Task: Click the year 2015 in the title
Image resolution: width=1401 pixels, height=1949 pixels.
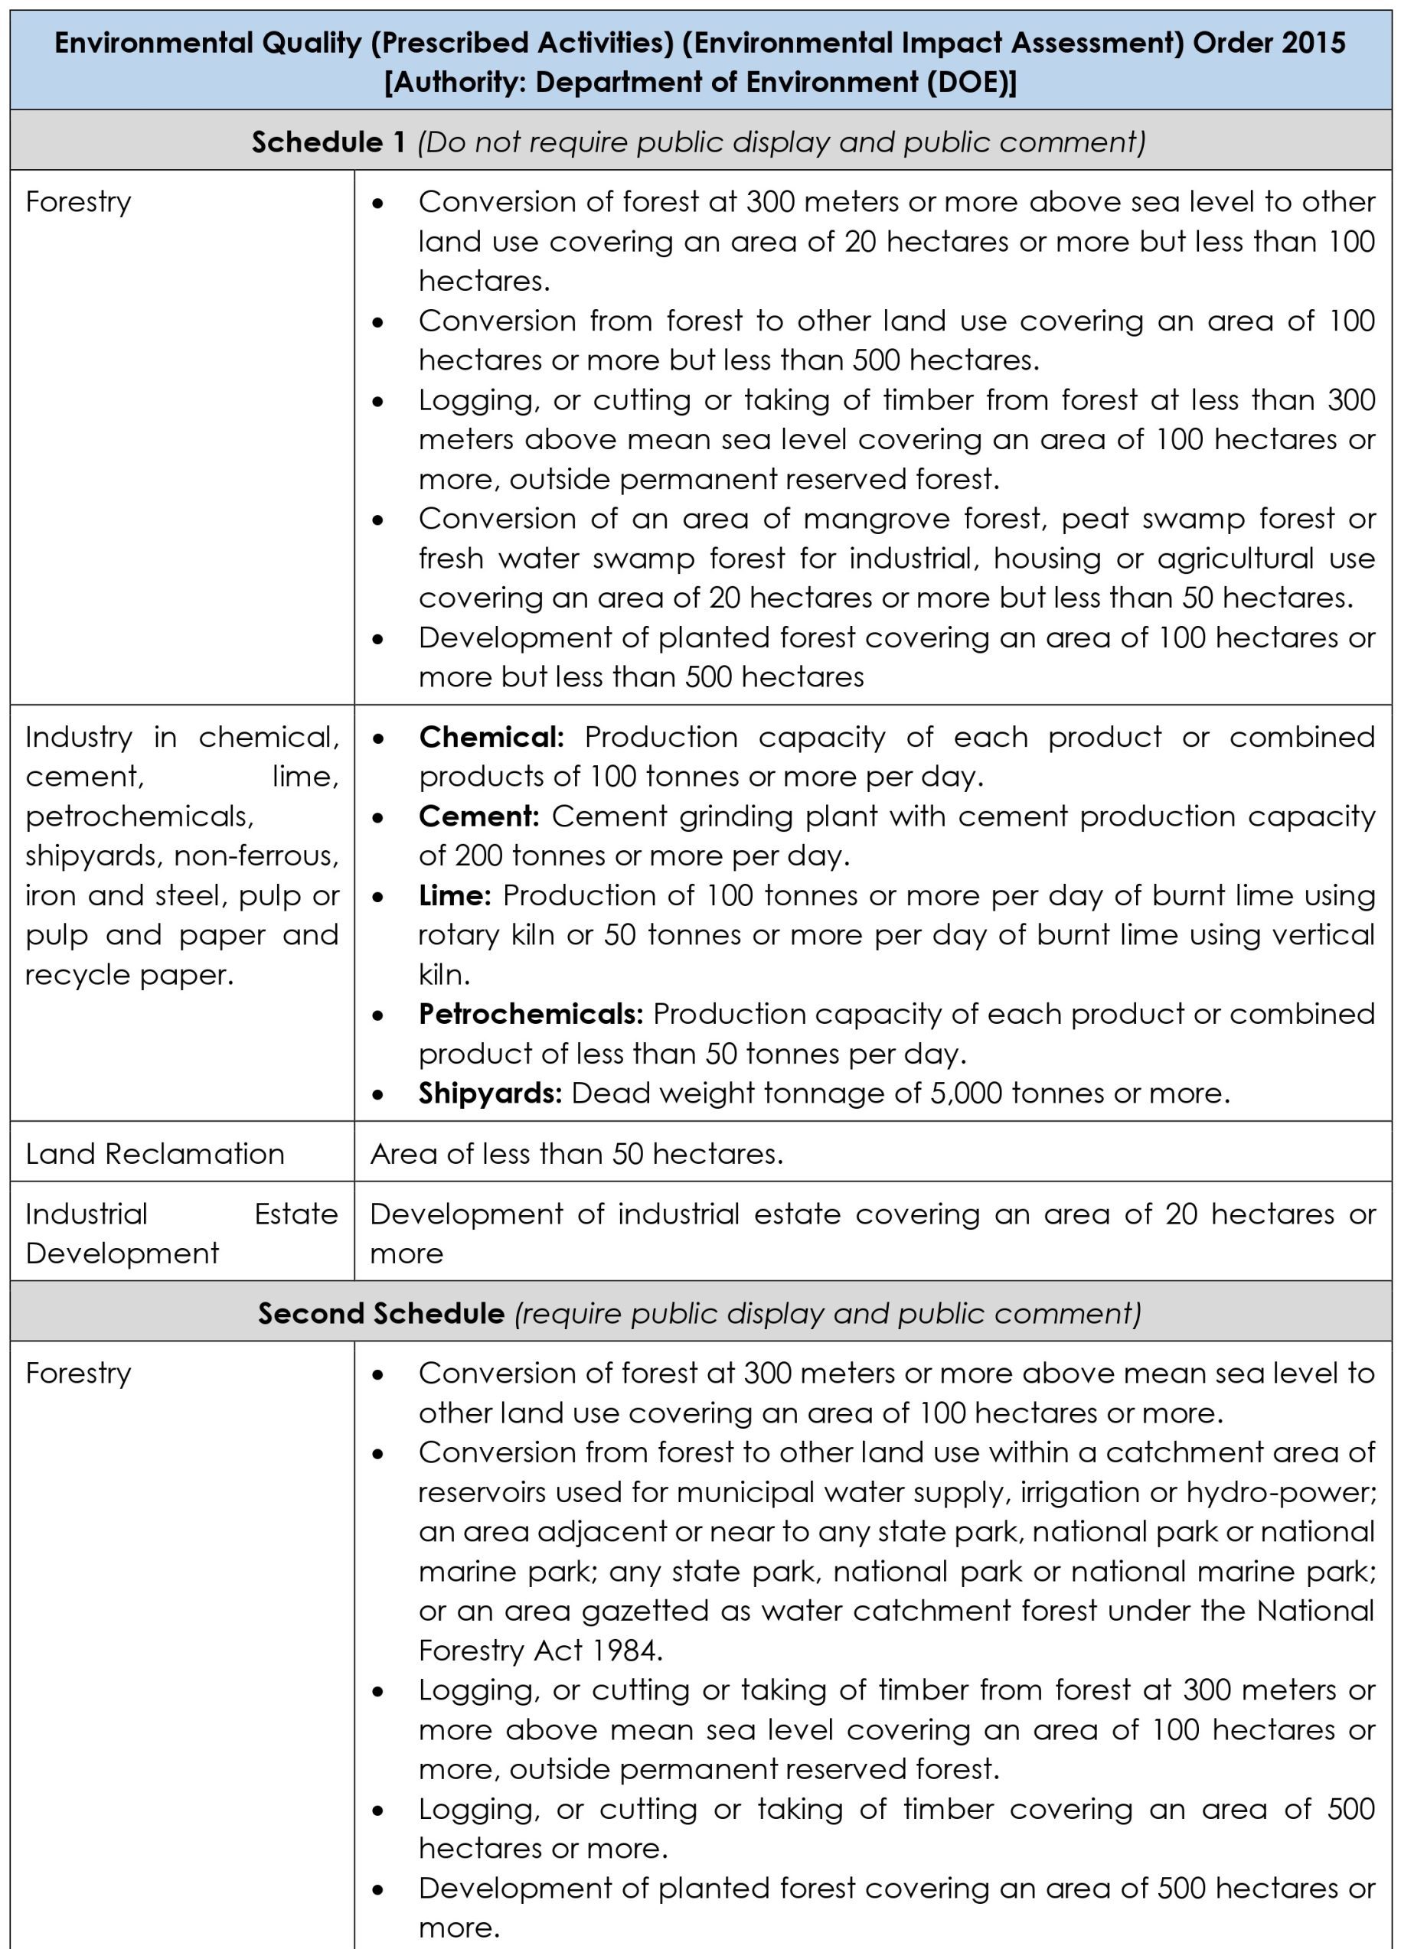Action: (x=1313, y=43)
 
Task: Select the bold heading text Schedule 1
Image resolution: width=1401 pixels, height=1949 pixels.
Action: (x=328, y=142)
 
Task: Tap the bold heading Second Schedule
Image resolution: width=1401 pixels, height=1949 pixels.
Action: (x=380, y=1314)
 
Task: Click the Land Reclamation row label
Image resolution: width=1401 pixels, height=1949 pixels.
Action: (x=155, y=1154)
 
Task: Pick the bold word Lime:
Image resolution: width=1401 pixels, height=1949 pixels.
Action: (x=455, y=895)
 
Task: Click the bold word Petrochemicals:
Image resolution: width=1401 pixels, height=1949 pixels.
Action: (x=531, y=1014)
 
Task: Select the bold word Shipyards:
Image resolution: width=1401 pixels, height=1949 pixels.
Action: (x=490, y=1093)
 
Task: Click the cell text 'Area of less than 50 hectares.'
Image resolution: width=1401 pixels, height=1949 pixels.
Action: (x=576, y=1154)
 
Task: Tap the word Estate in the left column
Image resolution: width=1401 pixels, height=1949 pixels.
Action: (x=296, y=1214)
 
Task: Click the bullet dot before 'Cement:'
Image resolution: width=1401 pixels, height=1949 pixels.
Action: (x=378, y=817)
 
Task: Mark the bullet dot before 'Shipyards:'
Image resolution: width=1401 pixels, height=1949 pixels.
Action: (x=378, y=1095)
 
